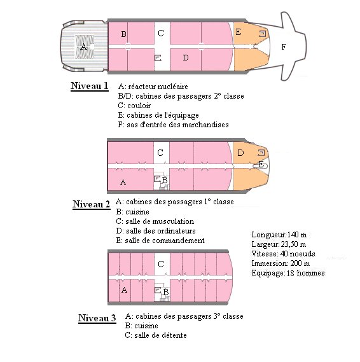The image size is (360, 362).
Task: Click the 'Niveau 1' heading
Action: [x=90, y=86]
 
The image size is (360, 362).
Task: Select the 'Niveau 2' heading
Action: [x=92, y=204]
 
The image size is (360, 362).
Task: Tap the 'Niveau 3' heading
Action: [x=97, y=318]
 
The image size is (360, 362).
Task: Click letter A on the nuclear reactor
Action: [x=84, y=46]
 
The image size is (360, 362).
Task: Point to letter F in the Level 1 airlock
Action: [x=284, y=47]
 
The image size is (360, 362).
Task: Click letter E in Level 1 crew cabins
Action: [x=239, y=32]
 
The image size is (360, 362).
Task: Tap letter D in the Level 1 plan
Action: [x=186, y=57]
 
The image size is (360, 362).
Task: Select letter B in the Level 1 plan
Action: [x=123, y=34]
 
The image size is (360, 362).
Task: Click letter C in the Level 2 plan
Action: [x=160, y=153]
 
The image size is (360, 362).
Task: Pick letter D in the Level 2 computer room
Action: [x=240, y=153]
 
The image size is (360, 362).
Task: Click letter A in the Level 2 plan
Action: [x=123, y=183]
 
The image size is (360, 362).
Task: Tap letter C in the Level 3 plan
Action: [x=161, y=264]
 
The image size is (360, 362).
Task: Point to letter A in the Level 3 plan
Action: [x=124, y=289]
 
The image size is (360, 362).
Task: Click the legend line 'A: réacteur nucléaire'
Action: [x=153, y=87]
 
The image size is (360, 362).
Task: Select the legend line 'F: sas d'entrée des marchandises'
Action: [x=173, y=125]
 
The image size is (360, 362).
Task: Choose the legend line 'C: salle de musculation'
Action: [x=155, y=221]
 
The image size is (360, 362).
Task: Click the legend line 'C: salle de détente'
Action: [x=156, y=335]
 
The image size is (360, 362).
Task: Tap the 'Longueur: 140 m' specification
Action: [x=279, y=235]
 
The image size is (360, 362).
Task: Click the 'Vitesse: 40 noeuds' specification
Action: [x=284, y=254]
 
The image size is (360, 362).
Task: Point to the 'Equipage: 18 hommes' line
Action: [x=288, y=273]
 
